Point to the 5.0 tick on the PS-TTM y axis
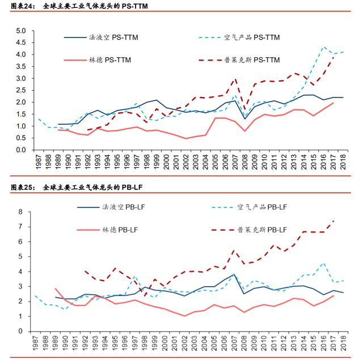21,31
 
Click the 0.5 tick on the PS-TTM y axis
21,138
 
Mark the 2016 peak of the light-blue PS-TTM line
323,47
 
